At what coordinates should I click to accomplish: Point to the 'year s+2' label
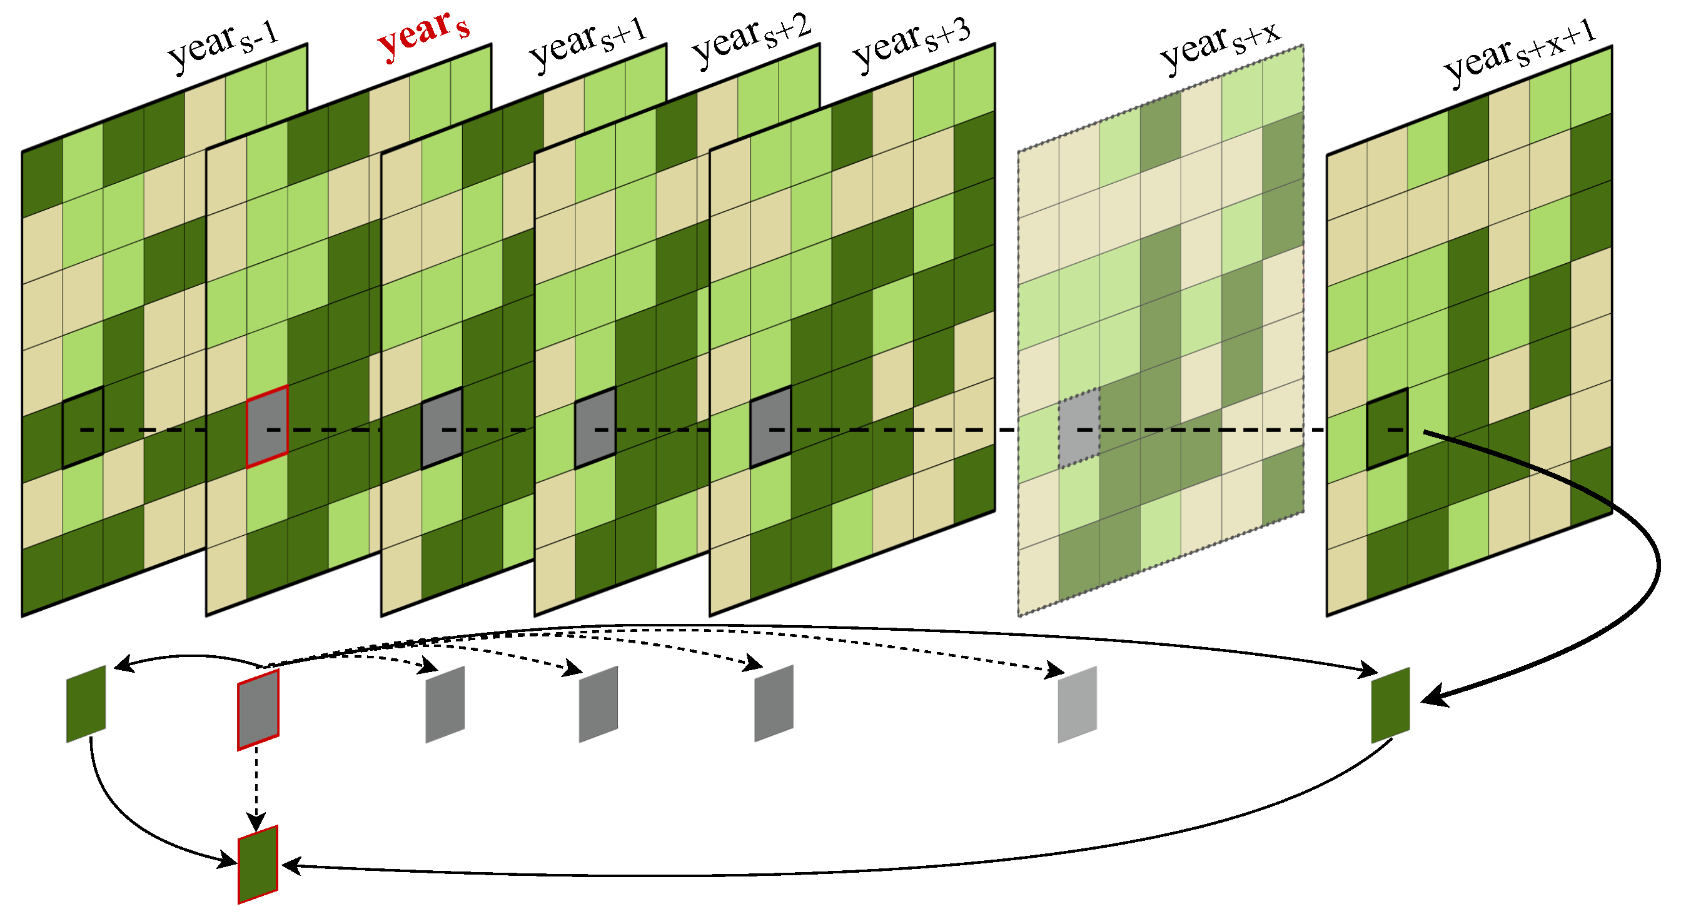(x=750, y=39)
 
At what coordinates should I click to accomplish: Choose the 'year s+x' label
(x=1220, y=46)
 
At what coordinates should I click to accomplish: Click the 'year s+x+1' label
(x=1520, y=56)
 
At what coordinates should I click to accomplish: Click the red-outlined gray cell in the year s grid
(x=267, y=426)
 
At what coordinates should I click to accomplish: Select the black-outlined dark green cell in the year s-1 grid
(x=83, y=428)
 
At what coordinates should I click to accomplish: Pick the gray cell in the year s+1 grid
(x=442, y=428)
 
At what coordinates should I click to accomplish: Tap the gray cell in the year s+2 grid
(x=595, y=428)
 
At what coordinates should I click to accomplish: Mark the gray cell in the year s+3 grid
(x=770, y=428)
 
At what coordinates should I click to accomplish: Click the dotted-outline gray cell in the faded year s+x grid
(x=1079, y=428)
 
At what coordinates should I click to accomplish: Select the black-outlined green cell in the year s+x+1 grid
(x=1387, y=429)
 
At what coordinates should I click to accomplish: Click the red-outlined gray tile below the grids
(x=258, y=710)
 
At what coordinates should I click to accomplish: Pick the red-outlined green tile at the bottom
(x=258, y=865)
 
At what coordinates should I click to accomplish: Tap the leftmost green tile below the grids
(x=86, y=704)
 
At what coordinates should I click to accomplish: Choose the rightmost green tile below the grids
(x=1391, y=705)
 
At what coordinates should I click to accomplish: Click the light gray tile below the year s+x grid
(x=1078, y=705)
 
